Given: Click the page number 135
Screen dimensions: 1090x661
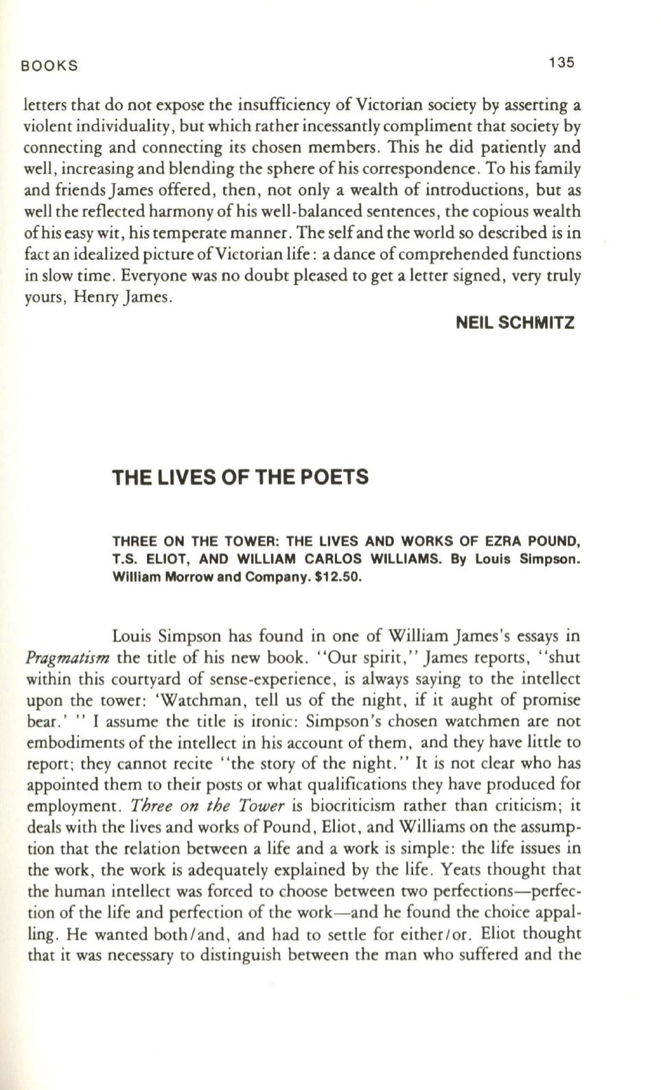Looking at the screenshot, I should pos(561,62).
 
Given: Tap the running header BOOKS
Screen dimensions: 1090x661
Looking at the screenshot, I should pos(50,66).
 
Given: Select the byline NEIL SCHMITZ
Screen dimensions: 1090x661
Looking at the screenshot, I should pos(515,323).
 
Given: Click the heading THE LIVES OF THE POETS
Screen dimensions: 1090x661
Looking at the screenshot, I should pos(240,478).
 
